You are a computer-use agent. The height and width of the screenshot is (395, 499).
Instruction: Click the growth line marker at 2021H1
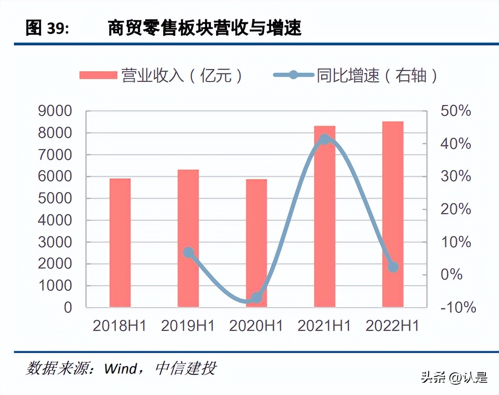pos(324,139)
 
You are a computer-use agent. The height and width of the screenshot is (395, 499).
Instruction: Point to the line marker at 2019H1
pos(189,253)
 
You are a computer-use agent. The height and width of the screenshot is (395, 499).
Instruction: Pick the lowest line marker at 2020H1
pos(256,297)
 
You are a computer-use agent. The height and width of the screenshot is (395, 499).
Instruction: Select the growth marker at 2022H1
pos(393,267)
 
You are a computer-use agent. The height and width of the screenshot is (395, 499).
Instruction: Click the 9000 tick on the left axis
pos(55,111)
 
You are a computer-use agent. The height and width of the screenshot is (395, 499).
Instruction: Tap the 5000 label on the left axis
pos(55,198)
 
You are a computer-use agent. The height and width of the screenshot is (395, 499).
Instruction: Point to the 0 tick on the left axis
pos(68,308)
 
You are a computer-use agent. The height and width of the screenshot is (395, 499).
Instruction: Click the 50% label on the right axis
pos(456,111)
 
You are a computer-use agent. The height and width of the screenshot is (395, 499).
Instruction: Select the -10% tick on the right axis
pos(458,307)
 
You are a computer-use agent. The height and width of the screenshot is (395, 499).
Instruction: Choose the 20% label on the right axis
pos(456,209)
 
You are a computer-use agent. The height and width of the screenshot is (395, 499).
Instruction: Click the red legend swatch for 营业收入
pos(98,75)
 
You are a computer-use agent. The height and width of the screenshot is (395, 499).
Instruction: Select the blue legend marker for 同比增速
pos(293,75)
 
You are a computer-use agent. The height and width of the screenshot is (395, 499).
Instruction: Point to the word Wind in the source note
pos(121,368)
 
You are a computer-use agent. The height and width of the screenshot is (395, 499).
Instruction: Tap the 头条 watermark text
pos(434,377)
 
